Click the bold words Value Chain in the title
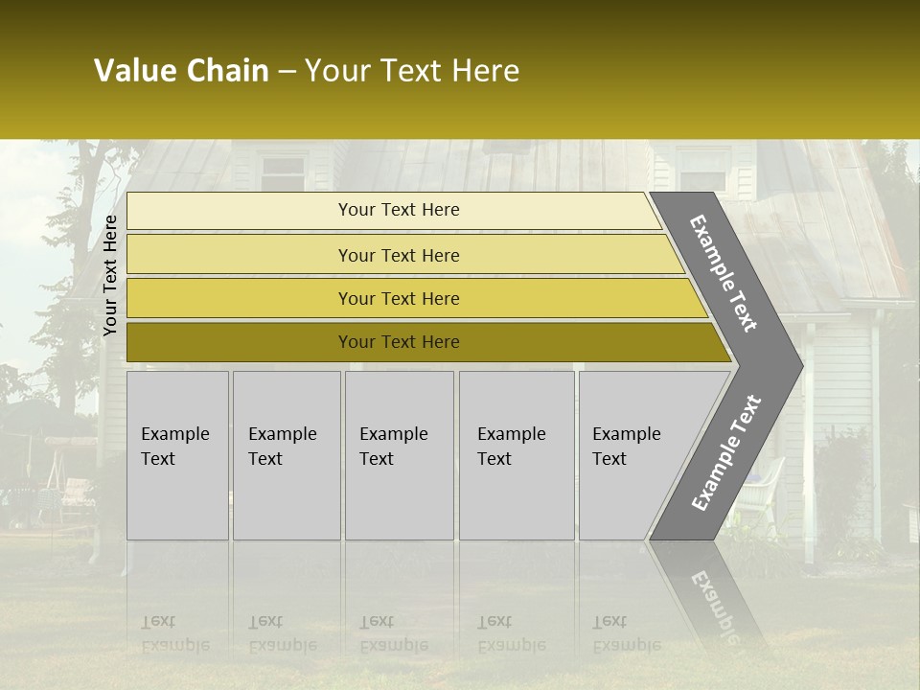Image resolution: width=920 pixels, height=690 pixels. pos(181,71)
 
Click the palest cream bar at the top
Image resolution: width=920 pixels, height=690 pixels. pos(398,210)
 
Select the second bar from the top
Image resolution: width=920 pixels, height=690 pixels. pos(398,255)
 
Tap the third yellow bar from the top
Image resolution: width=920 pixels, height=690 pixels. pos(398,298)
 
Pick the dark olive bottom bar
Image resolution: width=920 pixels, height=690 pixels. pos(398,342)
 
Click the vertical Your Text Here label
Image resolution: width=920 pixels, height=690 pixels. pos(110,275)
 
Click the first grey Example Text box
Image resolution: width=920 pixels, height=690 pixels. pos(177,455)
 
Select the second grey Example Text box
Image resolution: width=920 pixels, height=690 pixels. pos(286,455)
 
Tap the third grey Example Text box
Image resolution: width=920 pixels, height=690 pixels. pos(399,455)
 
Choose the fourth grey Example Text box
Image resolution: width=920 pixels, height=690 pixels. pos(516,455)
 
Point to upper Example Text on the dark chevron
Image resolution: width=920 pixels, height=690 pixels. pos(724,273)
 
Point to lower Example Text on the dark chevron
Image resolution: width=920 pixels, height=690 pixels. pos(725,452)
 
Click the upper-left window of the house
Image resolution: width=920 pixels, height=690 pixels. pos(283,173)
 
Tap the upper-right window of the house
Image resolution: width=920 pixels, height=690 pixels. pos(703,171)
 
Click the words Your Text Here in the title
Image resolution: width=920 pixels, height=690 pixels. pos(412,71)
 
